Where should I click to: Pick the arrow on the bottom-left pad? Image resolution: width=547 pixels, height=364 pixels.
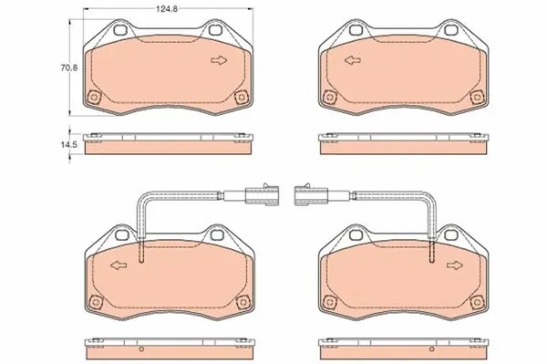click(x=116, y=265)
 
